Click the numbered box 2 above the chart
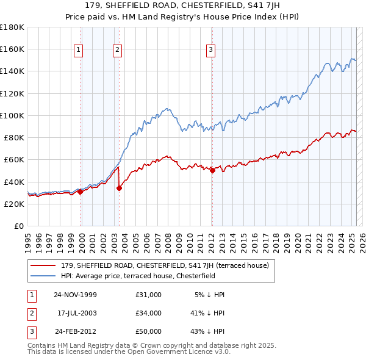117,51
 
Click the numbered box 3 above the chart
210,51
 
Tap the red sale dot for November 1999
80,192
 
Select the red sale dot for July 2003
119,188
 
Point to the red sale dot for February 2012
212,170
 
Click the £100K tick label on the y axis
12,115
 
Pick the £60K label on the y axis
14,160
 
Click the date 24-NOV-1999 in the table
75,295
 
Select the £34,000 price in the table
149,313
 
